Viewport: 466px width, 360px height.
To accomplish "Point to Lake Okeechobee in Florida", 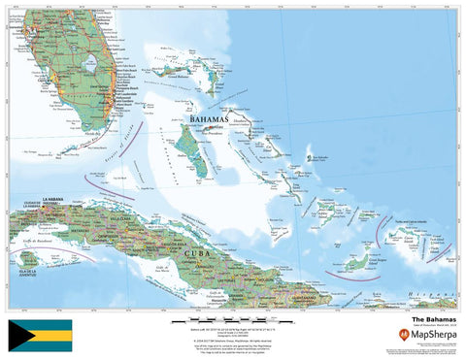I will (90, 66).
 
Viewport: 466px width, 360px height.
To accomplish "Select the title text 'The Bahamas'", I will (429, 317).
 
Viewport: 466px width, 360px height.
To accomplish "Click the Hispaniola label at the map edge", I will (431, 292).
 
